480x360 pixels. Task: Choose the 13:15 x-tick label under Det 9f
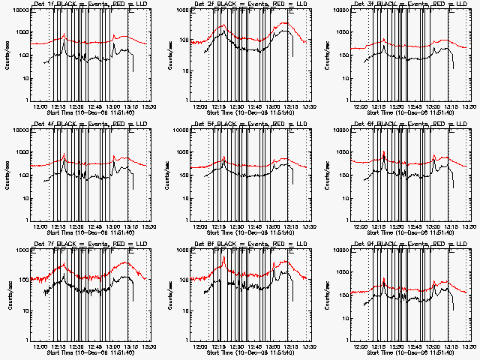click(451, 347)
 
